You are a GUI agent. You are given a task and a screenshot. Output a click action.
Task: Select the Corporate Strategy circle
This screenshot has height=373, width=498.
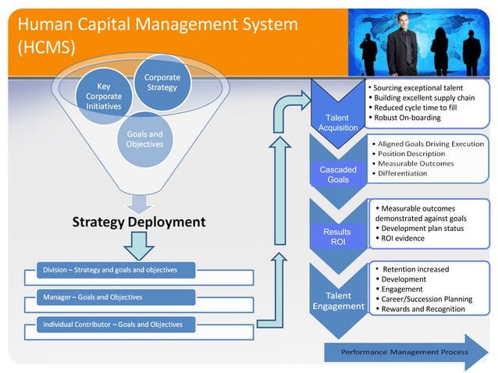click(x=162, y=83)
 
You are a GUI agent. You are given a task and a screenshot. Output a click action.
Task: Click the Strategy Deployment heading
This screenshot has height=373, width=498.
click(x=139, y=222)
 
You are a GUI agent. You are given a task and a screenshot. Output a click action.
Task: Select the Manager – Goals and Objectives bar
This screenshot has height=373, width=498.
click(x=94, y=297)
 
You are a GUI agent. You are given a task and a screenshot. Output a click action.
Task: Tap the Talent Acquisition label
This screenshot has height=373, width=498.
click(x=338, y=123)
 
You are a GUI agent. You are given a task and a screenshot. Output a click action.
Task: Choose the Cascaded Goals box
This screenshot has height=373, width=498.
click(x=338, y=174)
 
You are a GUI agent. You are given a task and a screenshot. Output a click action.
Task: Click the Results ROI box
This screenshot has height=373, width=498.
click(x=338, y=236)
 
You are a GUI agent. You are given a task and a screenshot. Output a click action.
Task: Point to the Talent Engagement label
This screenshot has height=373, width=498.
click(x=338, y=300)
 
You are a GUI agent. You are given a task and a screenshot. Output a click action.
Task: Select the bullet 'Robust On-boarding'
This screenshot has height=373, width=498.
click(x=407, y=118)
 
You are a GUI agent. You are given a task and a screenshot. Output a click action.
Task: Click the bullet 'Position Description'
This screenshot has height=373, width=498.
click(x=413, y=154)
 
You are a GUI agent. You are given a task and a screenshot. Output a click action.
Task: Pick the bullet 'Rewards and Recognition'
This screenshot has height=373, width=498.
click(x=422, y=309)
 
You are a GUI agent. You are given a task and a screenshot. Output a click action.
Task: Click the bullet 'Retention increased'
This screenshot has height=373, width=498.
click(x=415, y=269)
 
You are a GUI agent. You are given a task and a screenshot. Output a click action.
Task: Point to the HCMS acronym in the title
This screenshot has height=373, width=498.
click(x=44, y=47)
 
